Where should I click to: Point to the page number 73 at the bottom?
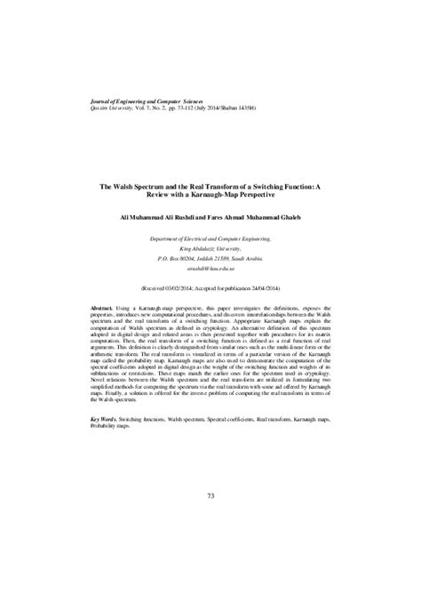(x=210, y=495)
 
